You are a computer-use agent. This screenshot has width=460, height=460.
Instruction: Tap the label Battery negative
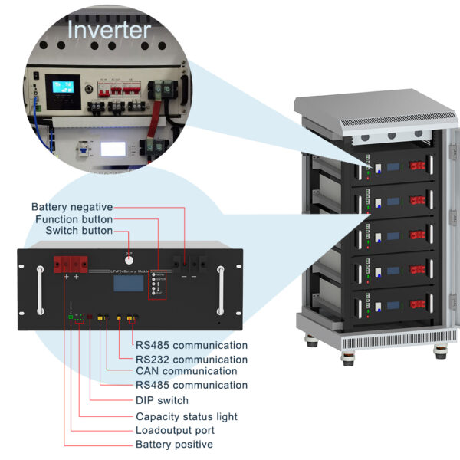click(x=72, y=207)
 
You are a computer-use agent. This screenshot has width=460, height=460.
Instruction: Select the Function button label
click(x=74, y=219)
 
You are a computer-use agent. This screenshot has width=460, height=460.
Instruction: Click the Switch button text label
click(x=79, y=231)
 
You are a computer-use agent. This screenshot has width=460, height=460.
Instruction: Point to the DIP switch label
click(x=162, y=400)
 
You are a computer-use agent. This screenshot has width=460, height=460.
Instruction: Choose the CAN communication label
click(x=186, y=372)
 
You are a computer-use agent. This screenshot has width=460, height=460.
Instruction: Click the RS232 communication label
click(x=192, y=359)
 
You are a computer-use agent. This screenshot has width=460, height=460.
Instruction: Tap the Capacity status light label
click(x=186, y=416)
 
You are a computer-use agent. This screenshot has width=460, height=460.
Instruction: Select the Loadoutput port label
click(x=176, y=430)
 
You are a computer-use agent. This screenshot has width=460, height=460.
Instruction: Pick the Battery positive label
click(x=174, y=445)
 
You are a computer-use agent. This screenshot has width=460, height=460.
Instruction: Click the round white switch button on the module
click(x=130, y=259)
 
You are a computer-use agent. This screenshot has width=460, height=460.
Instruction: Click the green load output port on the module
click(x=71, y=317)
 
